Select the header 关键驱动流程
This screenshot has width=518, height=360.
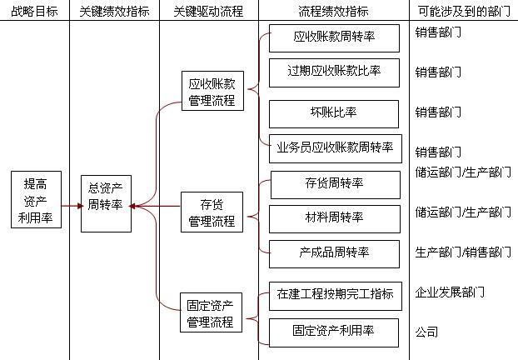pos(208,12)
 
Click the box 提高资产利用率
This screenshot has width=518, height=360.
pos(36,200)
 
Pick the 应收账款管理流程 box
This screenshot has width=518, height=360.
pos(212,92)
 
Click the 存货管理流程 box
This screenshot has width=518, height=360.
pos(212,212)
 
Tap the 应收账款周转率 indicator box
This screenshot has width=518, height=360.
pos(334,37)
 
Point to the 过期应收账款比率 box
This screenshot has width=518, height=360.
pos(334,72)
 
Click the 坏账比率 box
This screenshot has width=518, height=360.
pos(334,112)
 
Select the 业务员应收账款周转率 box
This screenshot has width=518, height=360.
pos(334,148)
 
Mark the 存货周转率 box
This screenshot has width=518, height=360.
pos(334,184)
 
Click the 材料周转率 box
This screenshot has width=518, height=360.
pos(334,218)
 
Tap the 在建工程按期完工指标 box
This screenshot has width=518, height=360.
pos(334,294)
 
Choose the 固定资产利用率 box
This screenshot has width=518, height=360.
pos(334,331)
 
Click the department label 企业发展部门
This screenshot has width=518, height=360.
pos(450,292)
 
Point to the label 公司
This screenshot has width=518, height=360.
pos(426,331)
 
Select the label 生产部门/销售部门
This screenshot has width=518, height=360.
pos(462,252)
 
